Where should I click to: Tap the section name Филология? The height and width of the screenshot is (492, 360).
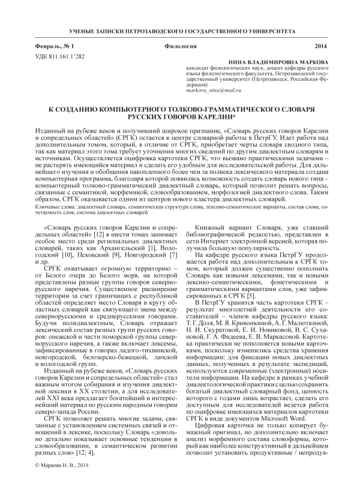pos(179,46)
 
